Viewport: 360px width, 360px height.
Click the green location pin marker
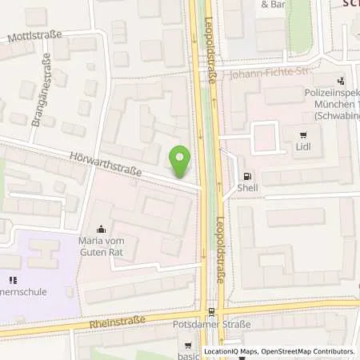click(x=182, y=160)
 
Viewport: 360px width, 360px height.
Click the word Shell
click(x=247, y=188)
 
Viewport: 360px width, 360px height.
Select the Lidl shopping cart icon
click(x=302, y=135)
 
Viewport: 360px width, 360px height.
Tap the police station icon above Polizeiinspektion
click(x=342, y=80)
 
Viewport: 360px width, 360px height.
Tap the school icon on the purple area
click(x=11, y=280)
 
